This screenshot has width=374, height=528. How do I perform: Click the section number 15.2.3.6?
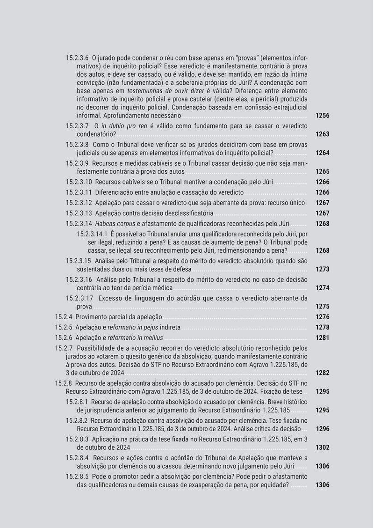tap(77, 58)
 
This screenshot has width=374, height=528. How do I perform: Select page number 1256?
tap(322, 115)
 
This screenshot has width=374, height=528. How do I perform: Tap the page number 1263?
tap(322, 134)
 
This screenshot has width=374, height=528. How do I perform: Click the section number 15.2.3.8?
tap(77, 145)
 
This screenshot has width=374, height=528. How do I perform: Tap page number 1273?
tap(322, 269)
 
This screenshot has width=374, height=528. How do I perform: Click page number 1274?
tap(322, 288)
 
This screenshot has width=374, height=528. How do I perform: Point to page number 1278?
tap(322, 327)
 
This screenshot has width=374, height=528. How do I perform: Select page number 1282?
tap(322, 373)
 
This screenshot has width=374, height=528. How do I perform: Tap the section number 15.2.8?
tap(63, 383)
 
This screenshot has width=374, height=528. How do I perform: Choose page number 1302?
tap(322, 447)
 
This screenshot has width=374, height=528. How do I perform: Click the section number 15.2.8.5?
tap(77, 476)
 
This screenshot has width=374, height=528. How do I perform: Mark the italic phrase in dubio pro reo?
tap(123, 126)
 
